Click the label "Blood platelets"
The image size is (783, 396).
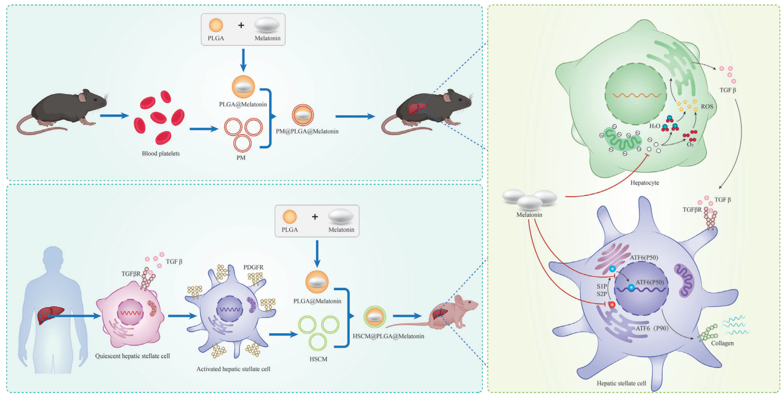[x=161, y=154]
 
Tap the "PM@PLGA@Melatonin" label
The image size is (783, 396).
[x=307, y=131]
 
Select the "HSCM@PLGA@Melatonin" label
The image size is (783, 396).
[x=388, y=336]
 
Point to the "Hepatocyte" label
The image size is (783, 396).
[x=644, y=183]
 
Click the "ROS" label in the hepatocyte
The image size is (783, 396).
[x=707, y=106]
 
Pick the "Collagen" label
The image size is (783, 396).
[x=722, y=343]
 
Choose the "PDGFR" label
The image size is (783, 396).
[x=253, y=267]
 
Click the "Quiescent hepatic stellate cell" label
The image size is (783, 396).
[x=132, y=356]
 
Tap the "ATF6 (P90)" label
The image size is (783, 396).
[x=652, y=328]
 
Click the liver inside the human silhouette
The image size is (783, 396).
[x=50, y=315]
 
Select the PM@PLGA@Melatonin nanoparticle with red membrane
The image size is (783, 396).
[x=303, y=115]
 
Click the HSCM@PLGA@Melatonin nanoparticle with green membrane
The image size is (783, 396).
[x=375, y=317]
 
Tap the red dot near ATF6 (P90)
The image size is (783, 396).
[x=612, y=305]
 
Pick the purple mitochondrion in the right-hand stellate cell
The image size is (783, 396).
[x=684, y=281]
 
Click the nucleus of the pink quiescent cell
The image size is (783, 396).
[x=130, y=313]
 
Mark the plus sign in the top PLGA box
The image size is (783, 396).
[x=241, y=25]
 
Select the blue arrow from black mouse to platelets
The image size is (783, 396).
[x=115, y=115]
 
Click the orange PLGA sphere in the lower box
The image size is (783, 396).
[x=290, y=217]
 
